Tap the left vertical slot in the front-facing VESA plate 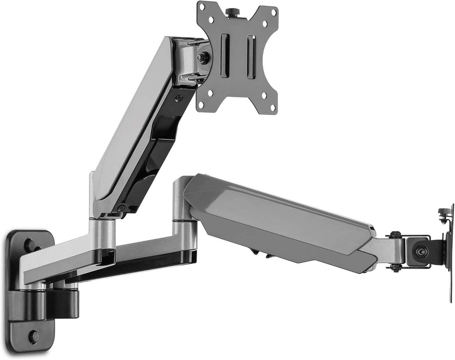pos(225,56)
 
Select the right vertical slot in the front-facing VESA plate pos(251,56)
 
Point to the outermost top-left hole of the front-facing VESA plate pos(202,7)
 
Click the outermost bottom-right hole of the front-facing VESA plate pos(273,108)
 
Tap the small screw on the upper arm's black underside pos(179,98)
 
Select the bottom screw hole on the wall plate pos(33,336)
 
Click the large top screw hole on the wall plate pos(29,245)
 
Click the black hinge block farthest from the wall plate pos(65,302)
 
